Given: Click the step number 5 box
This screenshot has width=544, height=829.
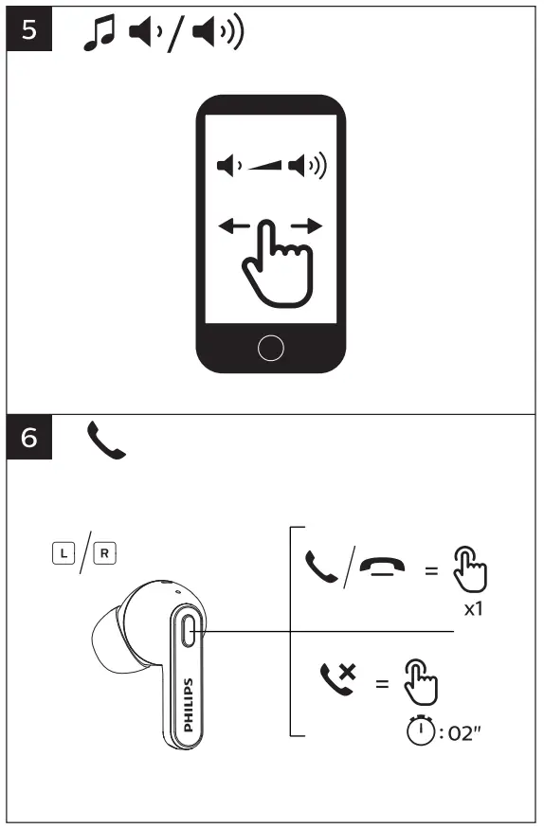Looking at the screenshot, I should click(30, 30).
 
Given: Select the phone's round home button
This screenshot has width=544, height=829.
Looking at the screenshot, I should click(271, 348).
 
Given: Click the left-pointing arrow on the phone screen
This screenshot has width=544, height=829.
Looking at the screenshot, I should click(233, 225).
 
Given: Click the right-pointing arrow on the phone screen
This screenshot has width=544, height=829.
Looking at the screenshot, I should click(308, 225).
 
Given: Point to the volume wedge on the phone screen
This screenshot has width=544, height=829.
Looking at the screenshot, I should click(266, 169).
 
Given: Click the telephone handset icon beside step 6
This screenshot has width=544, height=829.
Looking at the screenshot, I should click(106, 442).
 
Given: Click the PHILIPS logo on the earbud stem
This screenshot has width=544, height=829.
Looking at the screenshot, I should click(187, 705).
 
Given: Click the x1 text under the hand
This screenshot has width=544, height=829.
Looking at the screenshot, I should click(473, 609).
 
